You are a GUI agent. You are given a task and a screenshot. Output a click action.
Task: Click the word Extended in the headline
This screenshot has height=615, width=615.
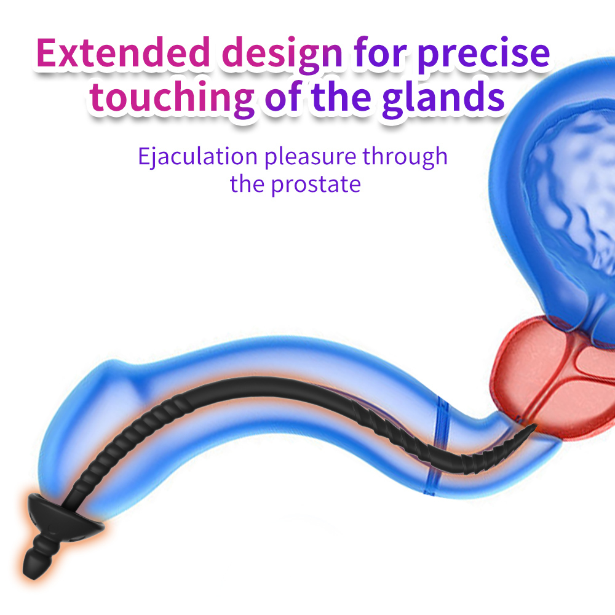[122, 54]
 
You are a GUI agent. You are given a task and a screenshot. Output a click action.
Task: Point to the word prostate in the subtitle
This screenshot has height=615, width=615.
[315, 184]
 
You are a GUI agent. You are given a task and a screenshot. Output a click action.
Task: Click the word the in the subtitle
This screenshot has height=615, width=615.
[248, 184]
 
